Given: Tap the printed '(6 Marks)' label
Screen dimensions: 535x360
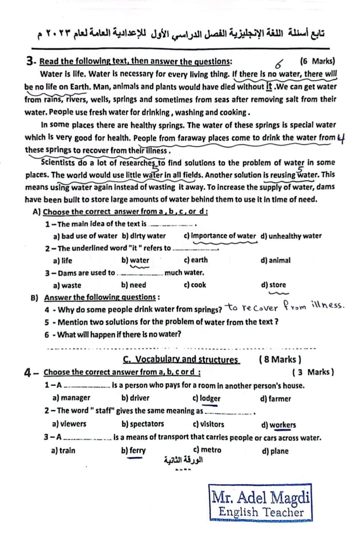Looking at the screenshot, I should coord(318,61).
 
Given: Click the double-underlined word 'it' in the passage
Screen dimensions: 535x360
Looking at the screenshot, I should coord(269,86).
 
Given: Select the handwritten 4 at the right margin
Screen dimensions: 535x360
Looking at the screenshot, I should coord(342,139).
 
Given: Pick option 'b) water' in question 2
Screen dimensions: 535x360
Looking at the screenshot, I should coord(135,260).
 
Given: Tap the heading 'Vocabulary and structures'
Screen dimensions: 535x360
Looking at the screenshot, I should coord(181,359).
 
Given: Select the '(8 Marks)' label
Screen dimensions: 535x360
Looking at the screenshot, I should coord(280,359).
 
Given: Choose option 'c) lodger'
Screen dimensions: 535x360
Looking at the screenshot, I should coord(207,399).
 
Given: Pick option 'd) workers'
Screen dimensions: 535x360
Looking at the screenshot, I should coord(279,425).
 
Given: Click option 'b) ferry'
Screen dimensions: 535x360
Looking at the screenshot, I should coord(134,451).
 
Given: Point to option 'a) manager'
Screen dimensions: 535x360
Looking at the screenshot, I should coord(72,398).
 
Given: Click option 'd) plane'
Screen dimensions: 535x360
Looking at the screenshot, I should coord(275,451).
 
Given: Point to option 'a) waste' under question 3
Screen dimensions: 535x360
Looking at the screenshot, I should coord(67,285).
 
